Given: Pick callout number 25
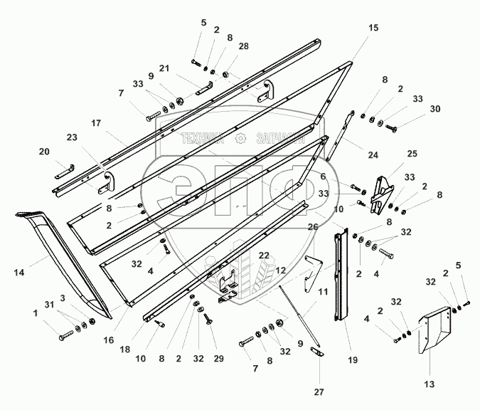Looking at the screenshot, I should pos(412,153).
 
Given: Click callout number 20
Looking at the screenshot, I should pos(44,152).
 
